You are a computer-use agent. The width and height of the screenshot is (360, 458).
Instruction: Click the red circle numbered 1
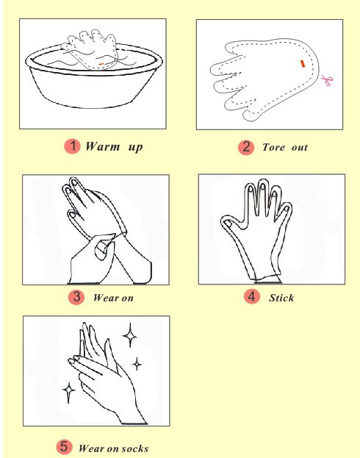coord(73,146)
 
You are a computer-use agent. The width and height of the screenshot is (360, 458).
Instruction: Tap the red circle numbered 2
coord(246,147)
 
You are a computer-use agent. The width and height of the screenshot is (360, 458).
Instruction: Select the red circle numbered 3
coord(76,297)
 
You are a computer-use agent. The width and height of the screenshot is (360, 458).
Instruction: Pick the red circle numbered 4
coord(252,297)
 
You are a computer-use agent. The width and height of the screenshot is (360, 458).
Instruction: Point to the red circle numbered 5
coord(64,447)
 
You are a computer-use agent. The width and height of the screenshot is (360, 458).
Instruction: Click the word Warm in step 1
coord(102,146)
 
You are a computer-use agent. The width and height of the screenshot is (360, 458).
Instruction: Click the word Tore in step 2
coord(273,147)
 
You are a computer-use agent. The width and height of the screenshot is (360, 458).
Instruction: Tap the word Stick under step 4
coord(281,298)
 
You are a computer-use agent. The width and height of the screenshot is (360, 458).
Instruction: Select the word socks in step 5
coord(135,448)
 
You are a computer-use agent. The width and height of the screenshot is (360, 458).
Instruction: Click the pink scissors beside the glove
coord(327,80)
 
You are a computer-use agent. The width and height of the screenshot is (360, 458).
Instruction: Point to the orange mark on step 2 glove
coord(303,64)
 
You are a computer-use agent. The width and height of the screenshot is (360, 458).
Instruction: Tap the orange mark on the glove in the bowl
coord(101,64)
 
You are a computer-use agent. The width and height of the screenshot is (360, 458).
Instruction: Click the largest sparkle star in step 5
coord(130,335)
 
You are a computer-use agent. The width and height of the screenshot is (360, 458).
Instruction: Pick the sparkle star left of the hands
coord(68,390)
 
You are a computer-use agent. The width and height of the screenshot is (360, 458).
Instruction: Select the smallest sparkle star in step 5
coord(137,364)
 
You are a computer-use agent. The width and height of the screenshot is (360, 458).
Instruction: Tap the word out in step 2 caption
coord(300,147)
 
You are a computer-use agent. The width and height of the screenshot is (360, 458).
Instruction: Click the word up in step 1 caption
coord(135,147)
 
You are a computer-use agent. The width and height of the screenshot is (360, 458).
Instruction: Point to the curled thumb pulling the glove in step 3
coord(103,248)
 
